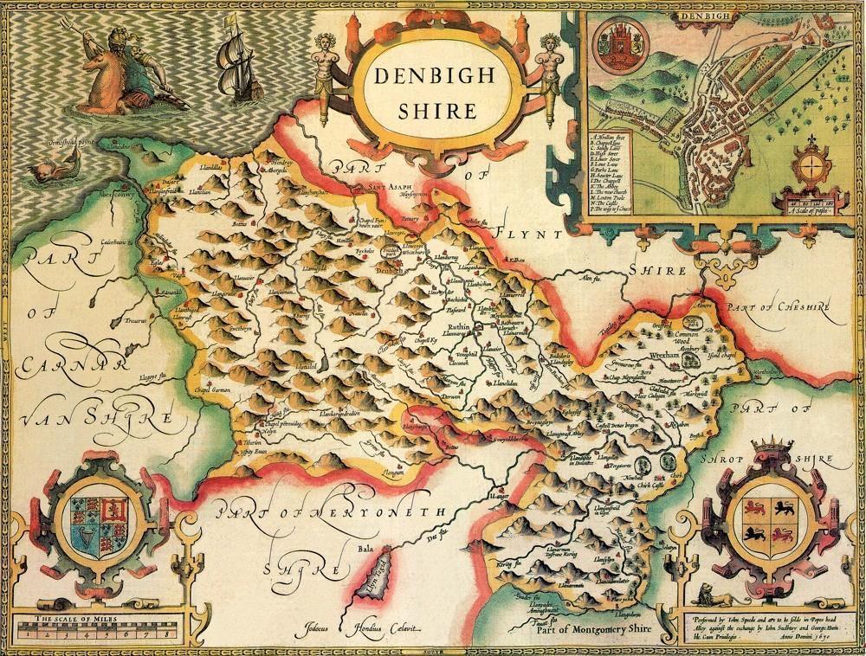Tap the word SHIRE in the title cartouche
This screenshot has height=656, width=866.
pos(437,110)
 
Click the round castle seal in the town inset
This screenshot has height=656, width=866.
pos(626,44)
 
